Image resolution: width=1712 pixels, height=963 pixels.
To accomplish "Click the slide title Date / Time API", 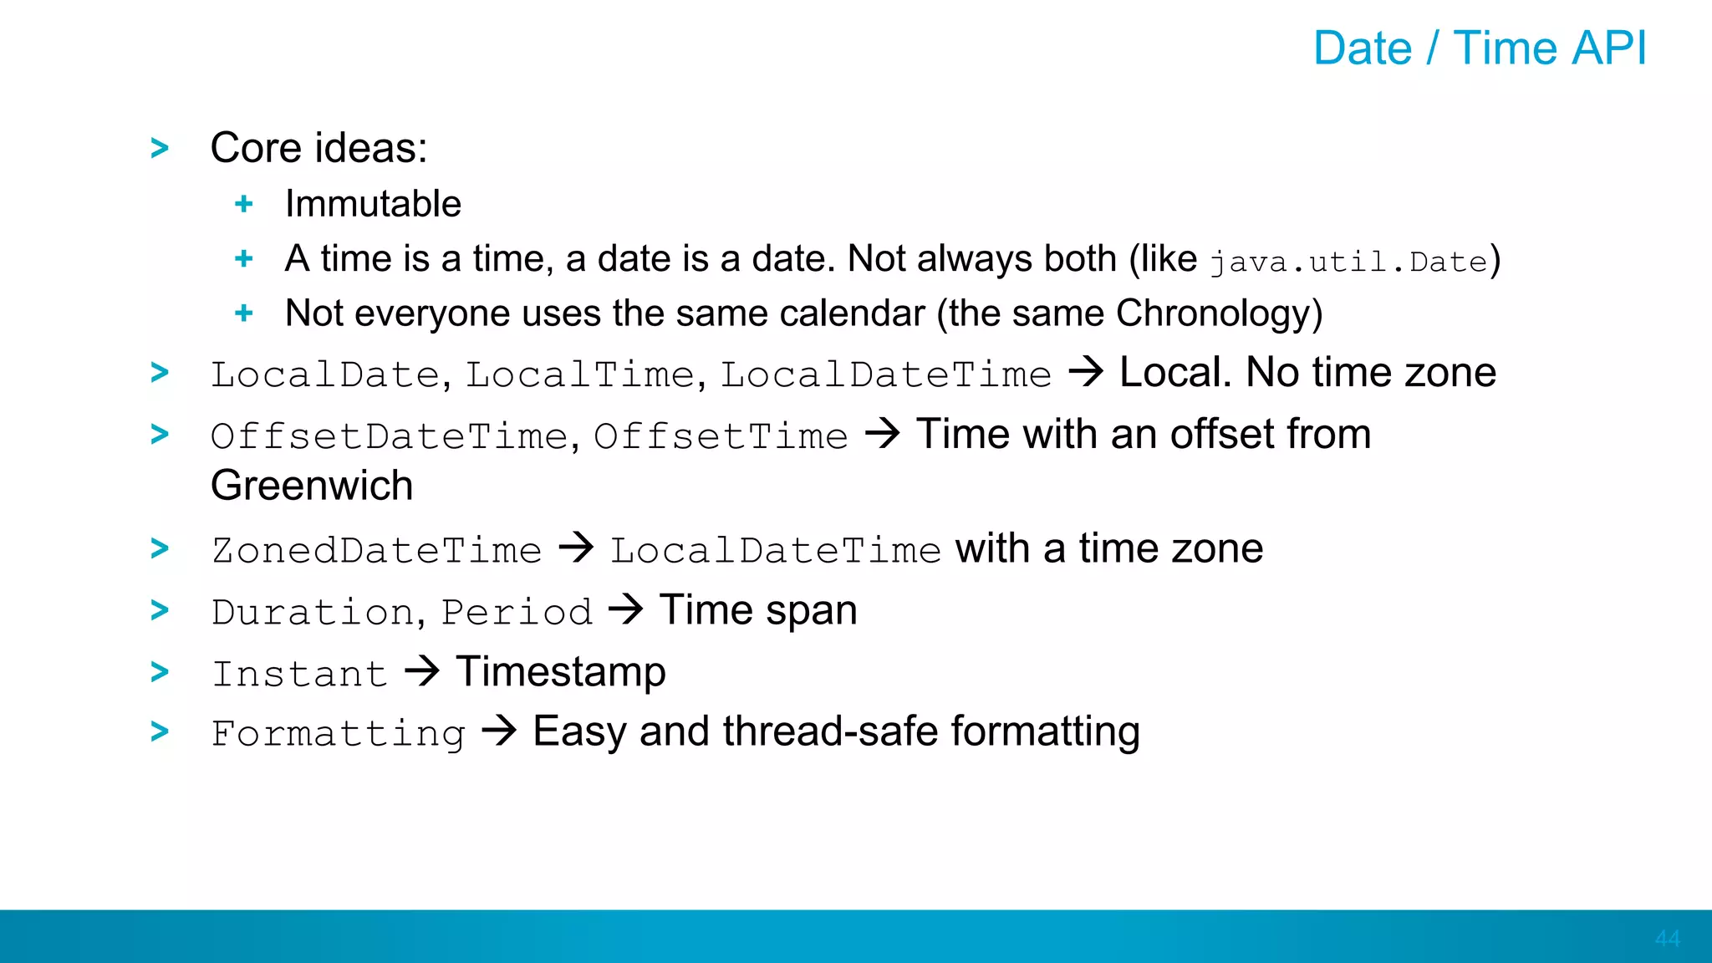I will coord(1479,48).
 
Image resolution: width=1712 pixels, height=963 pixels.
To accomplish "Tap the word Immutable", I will coord(373,204).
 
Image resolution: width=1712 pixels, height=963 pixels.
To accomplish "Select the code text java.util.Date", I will coord(1348,262).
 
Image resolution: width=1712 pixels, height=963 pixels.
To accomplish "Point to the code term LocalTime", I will coord(579,374).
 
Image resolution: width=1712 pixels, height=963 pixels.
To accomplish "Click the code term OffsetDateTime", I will coord(390,436).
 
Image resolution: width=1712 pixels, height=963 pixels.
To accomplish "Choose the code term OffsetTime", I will coord(721,436).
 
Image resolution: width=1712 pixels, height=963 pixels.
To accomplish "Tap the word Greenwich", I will coord(312,486).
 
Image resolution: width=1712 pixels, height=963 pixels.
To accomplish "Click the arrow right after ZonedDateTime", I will coord(576,548).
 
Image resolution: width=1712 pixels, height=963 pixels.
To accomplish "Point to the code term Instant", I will coord(299,674).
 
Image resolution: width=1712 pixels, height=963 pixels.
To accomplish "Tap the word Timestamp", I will coord(561,672).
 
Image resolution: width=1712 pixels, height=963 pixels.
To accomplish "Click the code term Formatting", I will coord(338,734).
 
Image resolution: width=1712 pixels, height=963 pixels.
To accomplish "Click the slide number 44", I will coord(1667,939).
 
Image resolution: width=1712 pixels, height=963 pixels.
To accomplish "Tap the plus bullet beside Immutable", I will coord(244,204).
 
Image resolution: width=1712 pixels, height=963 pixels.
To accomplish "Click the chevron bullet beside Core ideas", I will coord(160,148).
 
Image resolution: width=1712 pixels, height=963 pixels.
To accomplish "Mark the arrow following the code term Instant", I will coord(422,671).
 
